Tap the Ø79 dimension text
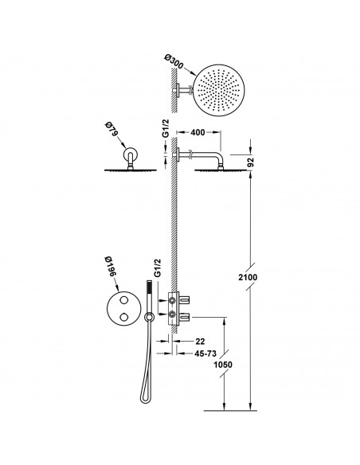[112, 130]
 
